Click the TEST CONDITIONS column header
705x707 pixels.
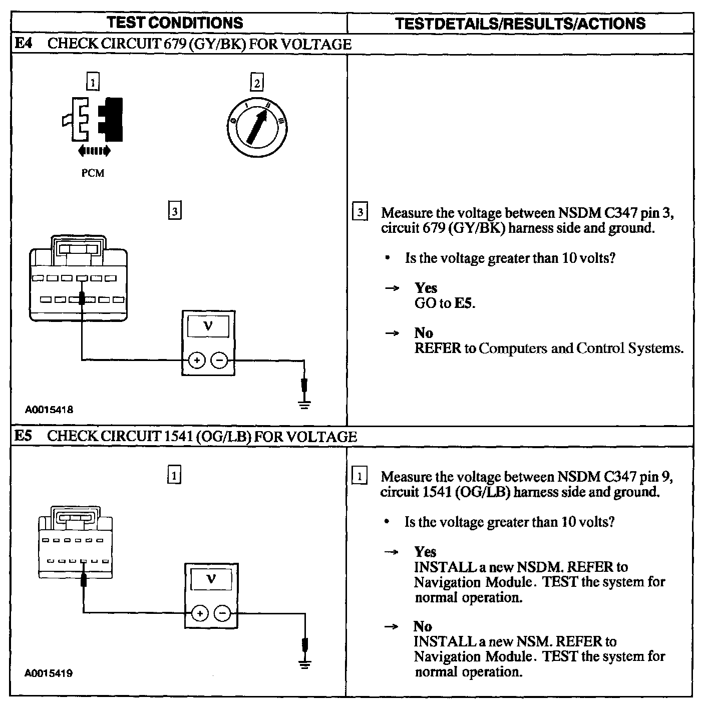point(175,23)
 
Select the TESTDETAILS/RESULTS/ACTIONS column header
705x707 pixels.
point(520,24)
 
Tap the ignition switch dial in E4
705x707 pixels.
point(256,123)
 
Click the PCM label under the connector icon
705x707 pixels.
point(93,173)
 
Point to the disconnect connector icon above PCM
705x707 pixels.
point(94,120)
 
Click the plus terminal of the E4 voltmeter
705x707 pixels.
point(197,360)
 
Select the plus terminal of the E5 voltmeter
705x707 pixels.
point(200,613)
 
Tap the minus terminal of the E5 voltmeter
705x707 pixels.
point(223,613)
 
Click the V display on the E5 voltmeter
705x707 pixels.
point(211,580)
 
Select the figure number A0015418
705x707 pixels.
point(49,410)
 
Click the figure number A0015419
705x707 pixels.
point(49,673)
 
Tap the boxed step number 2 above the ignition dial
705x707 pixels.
point(257,83)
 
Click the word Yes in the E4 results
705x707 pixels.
point(426,288)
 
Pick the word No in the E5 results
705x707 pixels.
point(423,626)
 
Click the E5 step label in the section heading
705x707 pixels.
point(23,436)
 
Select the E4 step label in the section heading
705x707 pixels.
point(23,44)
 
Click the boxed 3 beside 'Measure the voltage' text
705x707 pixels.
point(360,212)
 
